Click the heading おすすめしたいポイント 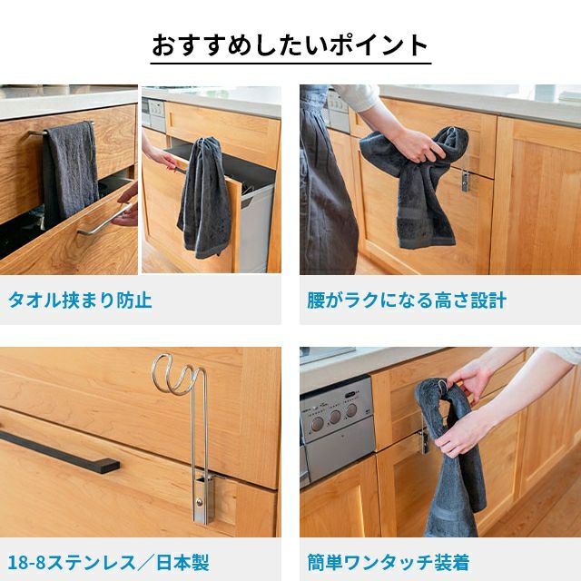290,45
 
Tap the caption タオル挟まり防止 80,300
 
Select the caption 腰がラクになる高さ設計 407,300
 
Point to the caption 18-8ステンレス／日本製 108,563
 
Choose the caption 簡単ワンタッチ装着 389,563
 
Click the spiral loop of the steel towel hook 177,374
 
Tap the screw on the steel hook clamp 200,502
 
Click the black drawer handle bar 59,451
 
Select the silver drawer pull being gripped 104,221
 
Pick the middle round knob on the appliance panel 335,417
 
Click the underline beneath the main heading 290,64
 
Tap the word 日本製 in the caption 183,563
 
